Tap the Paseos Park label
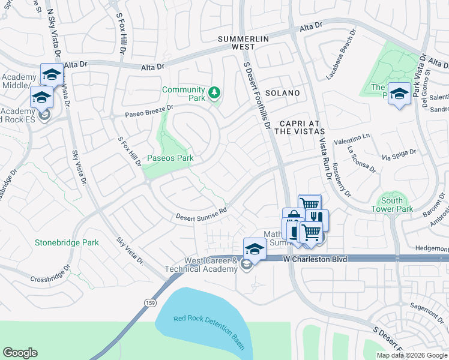pos(170,158)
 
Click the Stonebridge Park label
pos(66,243)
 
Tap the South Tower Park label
pos(397,205)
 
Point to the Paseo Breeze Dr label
pos(148,112)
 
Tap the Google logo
pos(20,353)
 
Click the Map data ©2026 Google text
pos(412,355)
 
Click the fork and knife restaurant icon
pos(317,218)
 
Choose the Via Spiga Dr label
pos(399,155)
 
